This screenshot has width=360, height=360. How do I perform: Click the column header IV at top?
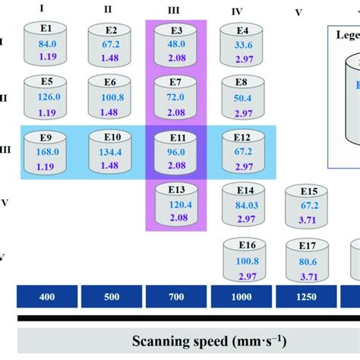click(x=236, y=11)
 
